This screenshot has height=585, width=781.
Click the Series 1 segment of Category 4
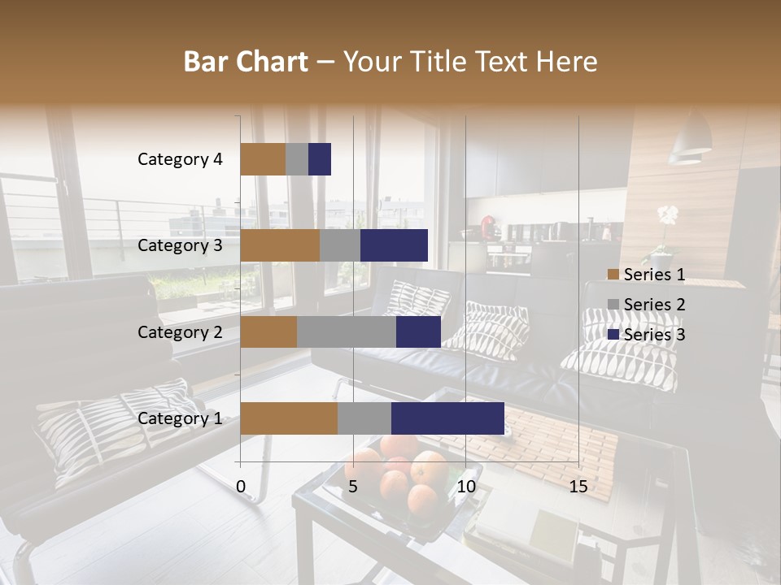click(x=263, y=159)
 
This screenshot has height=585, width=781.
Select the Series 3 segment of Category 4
click(x=320, y=159)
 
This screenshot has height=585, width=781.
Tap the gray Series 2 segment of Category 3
click(x=340, y=245)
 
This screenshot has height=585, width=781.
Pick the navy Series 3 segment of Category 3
click(x=394, y=245)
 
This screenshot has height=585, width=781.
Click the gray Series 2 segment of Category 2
click(x=347, y=331)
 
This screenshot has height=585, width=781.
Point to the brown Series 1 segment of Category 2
click(x=268, y=331)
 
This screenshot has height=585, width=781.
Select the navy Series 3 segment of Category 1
click(x=447, y=418)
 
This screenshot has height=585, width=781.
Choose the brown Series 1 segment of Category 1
click(x=289, y=418)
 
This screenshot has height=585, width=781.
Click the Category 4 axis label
click(x=180, y=159)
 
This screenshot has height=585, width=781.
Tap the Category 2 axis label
click(x=180, y=331)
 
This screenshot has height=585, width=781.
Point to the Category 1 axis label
click(x=180, y=418)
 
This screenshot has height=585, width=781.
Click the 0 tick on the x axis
click(x=241, y=487)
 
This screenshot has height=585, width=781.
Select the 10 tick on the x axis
click(x=465, y=487)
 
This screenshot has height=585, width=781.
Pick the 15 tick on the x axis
click(x=578, y=487)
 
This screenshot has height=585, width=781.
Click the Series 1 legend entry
click(x=647, y=275)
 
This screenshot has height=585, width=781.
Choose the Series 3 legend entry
click(x=647, y=335)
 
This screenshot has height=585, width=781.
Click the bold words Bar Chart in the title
click(x=246, y=62)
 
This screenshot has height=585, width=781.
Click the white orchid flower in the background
click(x=667, y=215)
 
